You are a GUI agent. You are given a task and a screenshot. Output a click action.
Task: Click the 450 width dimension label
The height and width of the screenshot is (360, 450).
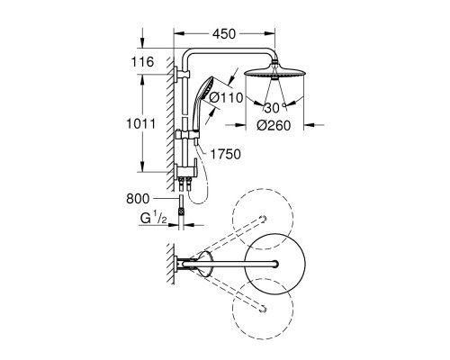point(224,34)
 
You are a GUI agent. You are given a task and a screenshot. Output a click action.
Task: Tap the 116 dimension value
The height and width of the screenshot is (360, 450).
point(142,62)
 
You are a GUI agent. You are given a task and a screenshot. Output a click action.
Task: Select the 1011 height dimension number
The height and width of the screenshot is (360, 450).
point(141,123)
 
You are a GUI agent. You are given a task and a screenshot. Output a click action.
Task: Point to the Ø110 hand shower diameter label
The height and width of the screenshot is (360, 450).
point(226,97)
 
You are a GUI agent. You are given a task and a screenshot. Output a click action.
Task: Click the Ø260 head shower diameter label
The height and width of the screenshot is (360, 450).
point(274,125)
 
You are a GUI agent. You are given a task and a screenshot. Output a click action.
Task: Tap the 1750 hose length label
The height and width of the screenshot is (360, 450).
point(225,154)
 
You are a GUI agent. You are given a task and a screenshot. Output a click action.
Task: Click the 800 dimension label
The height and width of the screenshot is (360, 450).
point(138,199)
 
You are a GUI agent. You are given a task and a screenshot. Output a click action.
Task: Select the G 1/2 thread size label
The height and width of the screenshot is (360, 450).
point(153,219)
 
